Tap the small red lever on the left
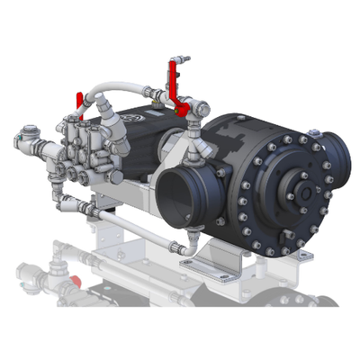(x=79, y=97)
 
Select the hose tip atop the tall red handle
(x=184, y=58)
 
